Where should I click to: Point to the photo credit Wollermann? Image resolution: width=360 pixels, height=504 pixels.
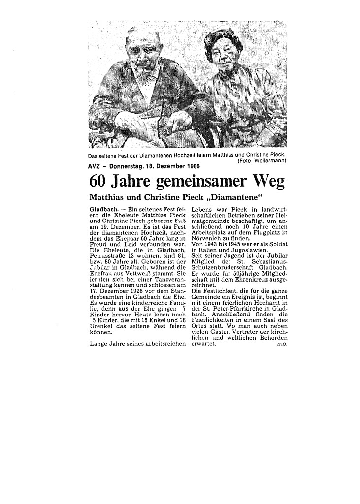(271, 161)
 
